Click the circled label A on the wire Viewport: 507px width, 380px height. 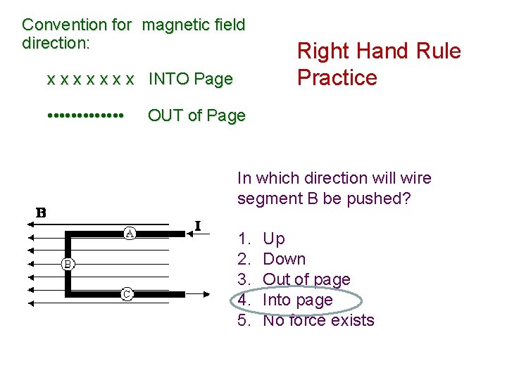131,232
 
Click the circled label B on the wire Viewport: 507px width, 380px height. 68,264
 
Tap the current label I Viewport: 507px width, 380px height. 198,226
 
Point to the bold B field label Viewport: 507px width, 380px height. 42,213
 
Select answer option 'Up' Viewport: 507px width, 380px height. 274,239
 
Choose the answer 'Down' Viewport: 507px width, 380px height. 284,259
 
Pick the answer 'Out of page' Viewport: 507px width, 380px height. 306,279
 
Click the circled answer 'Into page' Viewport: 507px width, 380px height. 297,300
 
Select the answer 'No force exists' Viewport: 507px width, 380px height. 318,320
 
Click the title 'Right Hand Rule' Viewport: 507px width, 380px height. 379,51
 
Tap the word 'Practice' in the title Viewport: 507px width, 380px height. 337,77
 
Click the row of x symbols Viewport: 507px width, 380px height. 89,80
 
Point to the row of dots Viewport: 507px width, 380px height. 86,114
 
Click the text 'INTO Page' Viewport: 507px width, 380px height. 190,80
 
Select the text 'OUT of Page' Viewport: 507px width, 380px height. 196,115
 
